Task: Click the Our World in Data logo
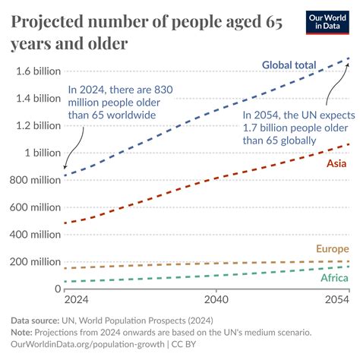[x=327, y=22]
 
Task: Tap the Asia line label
[x=337, y=163]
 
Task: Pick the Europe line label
[x=331, y=249]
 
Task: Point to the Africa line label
[x=334, y=278]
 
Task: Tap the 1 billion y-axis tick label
[x=43, y=153]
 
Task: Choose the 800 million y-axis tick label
[x=34, y=180]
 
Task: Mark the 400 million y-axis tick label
[x=34, y=235]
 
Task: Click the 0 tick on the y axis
[x=57, y=289]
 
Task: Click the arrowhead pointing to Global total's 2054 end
[x=347, y=62]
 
